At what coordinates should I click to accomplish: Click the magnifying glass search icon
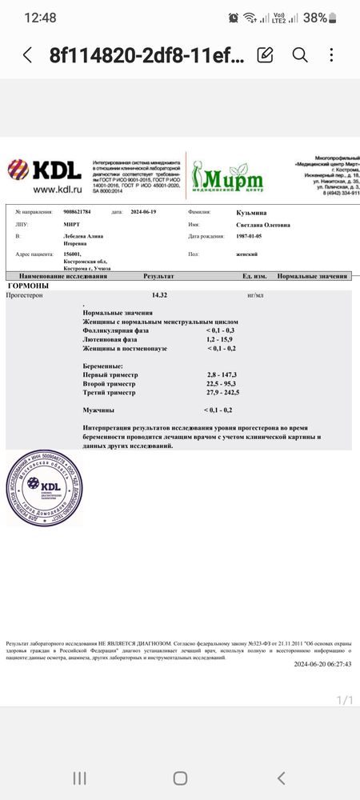coord(300,54)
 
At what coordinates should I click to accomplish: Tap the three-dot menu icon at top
coord(334,54)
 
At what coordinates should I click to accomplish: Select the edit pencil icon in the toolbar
coord(265,54)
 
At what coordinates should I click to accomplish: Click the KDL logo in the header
coord(45,170)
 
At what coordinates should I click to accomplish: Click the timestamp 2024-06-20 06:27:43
coord(322,664)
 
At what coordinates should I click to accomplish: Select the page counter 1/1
coord(345,701)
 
